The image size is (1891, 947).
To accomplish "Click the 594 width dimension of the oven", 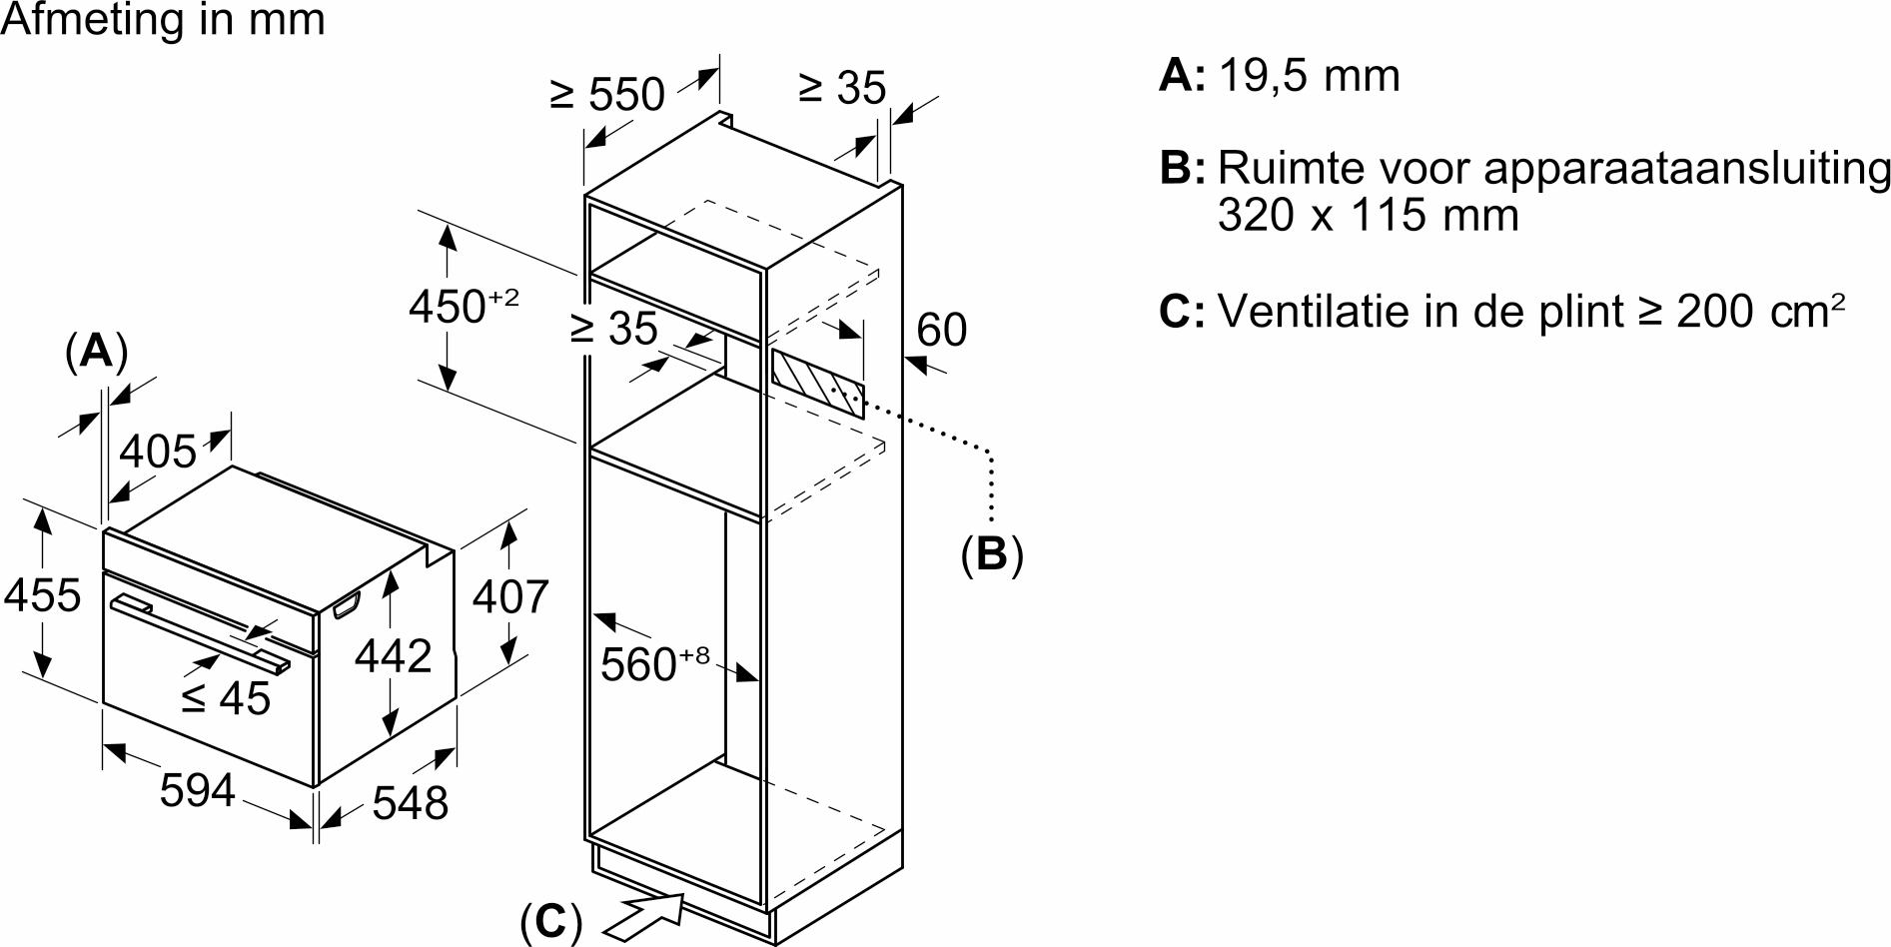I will tap(197, 790).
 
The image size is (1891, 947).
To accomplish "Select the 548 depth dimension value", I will tap(410, 802).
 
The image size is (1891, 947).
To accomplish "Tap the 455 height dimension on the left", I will tap(42, 595).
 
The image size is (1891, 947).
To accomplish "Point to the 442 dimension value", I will tap(395, 655).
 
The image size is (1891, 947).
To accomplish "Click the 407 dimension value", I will tap(510, 596).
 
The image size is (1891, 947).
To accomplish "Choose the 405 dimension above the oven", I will tap(158, 453).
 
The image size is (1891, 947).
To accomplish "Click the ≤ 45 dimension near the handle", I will tap(226, 698).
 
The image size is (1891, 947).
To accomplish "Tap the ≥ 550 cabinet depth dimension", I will tap(606, 94).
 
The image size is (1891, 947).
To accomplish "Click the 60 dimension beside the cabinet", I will tap(941, 330).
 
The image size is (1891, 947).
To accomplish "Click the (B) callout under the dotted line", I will tap(992, 554).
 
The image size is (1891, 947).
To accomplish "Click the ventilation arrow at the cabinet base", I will tap(644, 912).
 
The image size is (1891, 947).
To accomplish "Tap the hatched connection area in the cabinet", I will tap(816, 382).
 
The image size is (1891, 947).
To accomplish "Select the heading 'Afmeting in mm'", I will tap(163, 19).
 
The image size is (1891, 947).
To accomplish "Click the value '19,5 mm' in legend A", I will tap(1310, 76).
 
